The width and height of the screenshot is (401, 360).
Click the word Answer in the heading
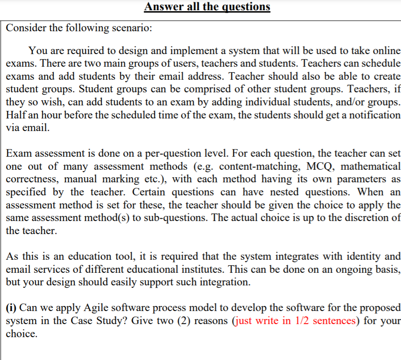pyautogui.click(x=162, y=7)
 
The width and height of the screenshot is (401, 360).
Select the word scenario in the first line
pyautogui.click(x=131, y=28)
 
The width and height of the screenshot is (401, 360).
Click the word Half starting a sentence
pyautogui.click(x=16, y=115)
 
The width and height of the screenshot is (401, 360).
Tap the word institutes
pyautogui.click(x=235, y=269)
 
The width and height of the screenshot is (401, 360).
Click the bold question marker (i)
pyautogui.click(x=12, y=308)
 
